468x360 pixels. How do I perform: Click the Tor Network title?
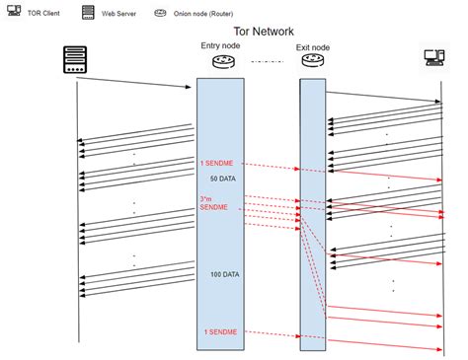[264, 32]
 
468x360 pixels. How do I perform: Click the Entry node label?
[220, 45]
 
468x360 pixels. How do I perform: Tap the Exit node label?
[313, 47]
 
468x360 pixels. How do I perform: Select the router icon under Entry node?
[224, 61]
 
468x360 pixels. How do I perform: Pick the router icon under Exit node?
[313, 60]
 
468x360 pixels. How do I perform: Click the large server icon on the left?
[75, 59]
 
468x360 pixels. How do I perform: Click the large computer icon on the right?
[434, 57]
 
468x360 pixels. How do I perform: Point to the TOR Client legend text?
[43, 13]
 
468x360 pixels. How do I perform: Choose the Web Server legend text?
[118, 14]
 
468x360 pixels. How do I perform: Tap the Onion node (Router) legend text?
[203, 14]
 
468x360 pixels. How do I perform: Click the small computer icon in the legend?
[14, 10]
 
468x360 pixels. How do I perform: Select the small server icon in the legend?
[88, 12]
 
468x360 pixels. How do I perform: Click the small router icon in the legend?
[160, 13]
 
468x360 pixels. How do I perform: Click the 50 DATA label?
[223, 179]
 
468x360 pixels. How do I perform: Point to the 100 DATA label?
[225, 274]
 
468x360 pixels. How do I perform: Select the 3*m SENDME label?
[213, 203]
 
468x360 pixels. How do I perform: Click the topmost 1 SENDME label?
[217, 163]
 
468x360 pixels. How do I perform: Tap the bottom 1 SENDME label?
[220, 332]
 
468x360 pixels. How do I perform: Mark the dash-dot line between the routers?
[268, 61]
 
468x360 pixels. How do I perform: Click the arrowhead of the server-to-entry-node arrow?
[189, 87]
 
